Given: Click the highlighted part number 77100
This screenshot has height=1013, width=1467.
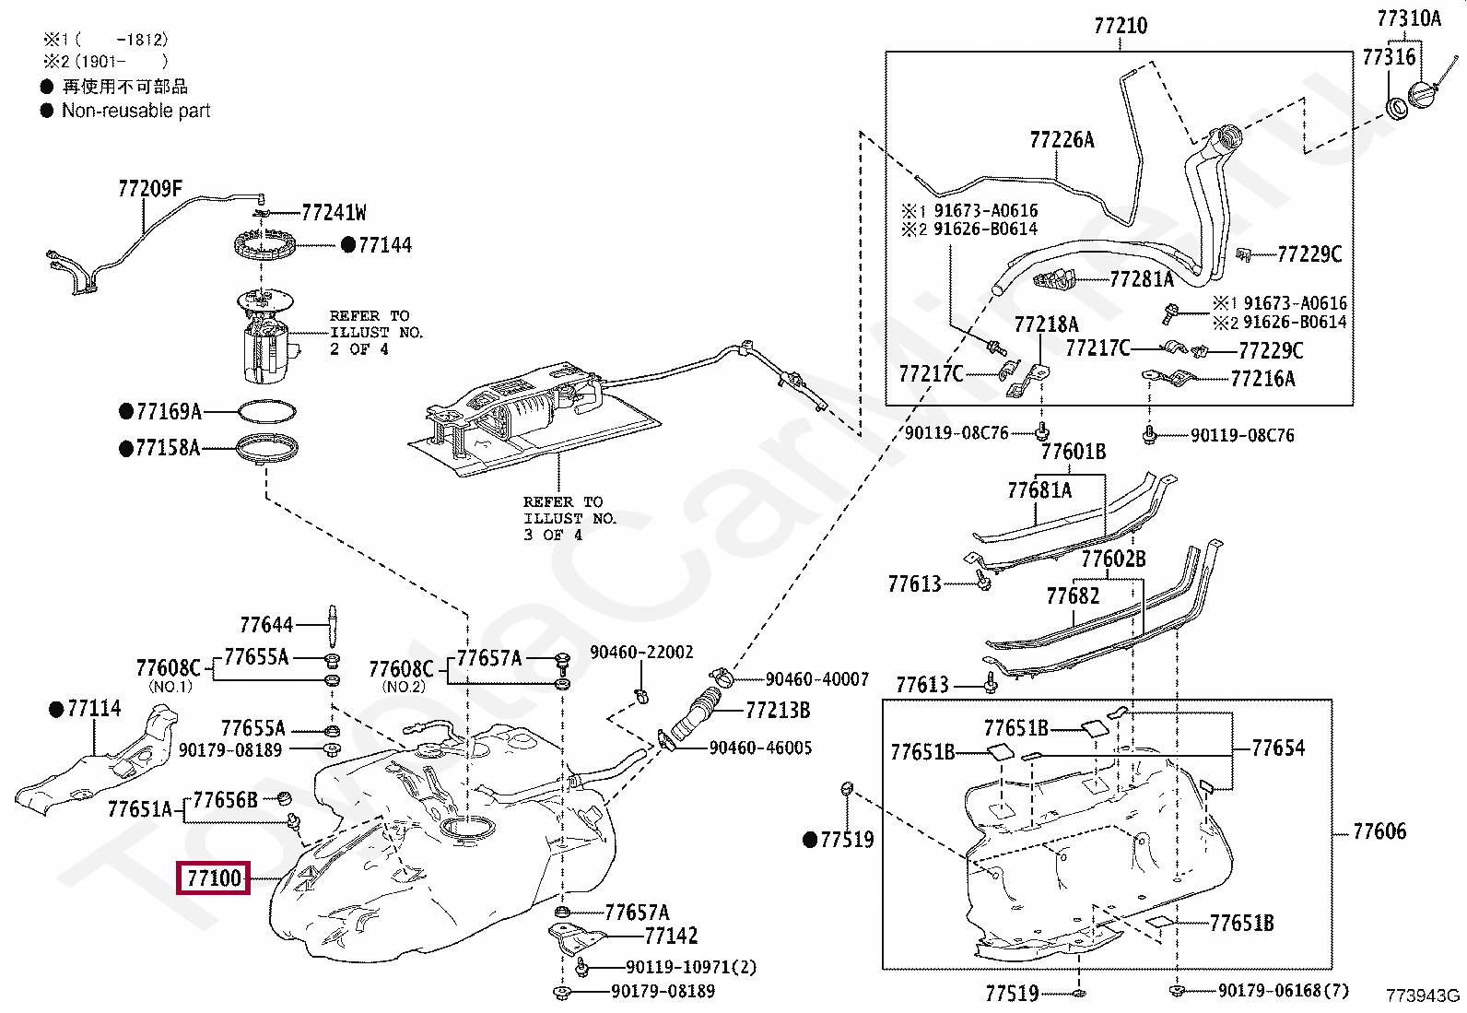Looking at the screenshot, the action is click(214, 878).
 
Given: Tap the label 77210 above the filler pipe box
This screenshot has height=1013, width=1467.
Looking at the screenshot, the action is click(1121, 26).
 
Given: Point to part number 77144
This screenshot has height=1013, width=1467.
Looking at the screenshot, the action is click(385, 245).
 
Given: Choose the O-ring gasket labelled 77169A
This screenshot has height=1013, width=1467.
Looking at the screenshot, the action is click(266, 411).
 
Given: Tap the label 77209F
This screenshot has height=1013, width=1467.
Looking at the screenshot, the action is click(150, 189).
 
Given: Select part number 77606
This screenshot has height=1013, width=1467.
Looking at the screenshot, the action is click(1379, 830).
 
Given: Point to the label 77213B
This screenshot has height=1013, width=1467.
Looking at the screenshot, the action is click(778, 711).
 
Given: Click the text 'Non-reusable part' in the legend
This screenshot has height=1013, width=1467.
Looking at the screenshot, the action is click(136, 111).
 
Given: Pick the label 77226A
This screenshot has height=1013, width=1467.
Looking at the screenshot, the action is click(1062, 139).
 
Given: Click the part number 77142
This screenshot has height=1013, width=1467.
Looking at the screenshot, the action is click(671, 936).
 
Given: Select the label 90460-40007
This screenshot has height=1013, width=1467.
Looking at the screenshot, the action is click(817, 678).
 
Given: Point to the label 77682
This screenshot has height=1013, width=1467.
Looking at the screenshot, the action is click(1073, 596).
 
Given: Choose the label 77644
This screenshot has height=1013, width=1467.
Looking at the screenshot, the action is click(266, 625).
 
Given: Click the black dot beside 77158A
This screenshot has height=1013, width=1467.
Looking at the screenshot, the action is click(126, 449).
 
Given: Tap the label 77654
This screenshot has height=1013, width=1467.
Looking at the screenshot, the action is click(1278, 748).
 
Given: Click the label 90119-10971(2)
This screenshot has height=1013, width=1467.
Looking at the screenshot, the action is click(691, 967).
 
